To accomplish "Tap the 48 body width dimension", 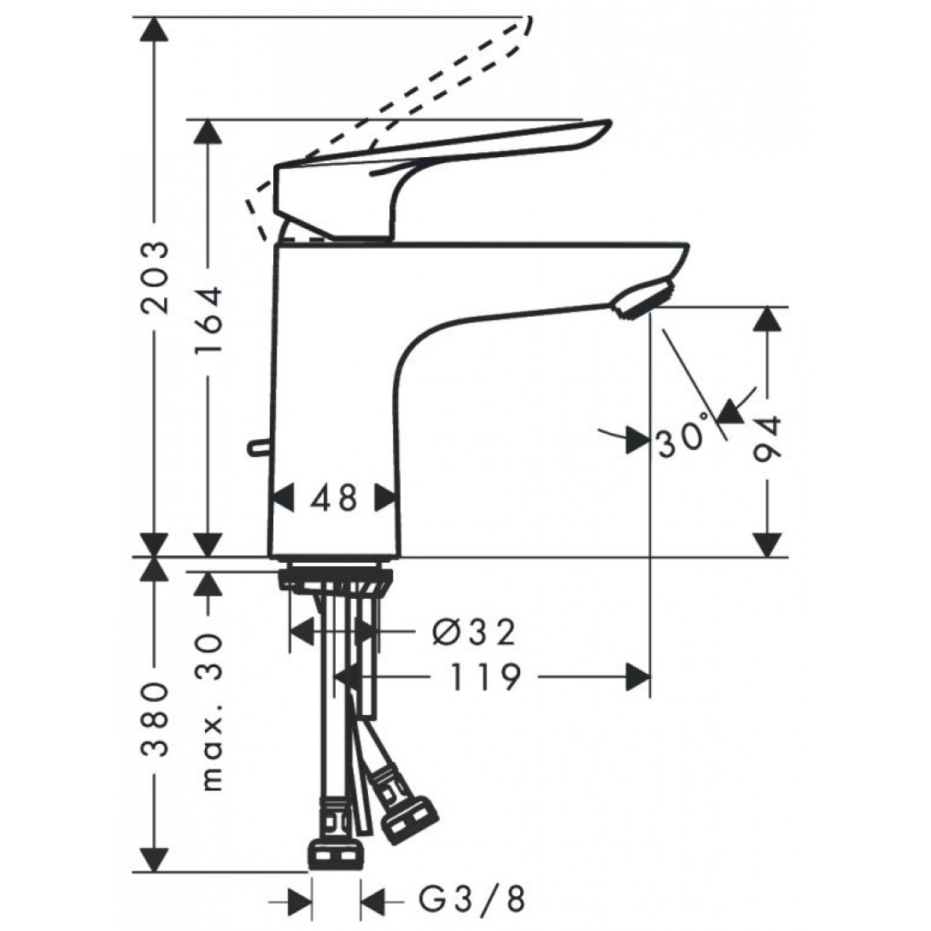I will pyautogui.click(x=334, y=498).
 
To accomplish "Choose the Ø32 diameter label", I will pyautogui.click(x=474, y=633).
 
